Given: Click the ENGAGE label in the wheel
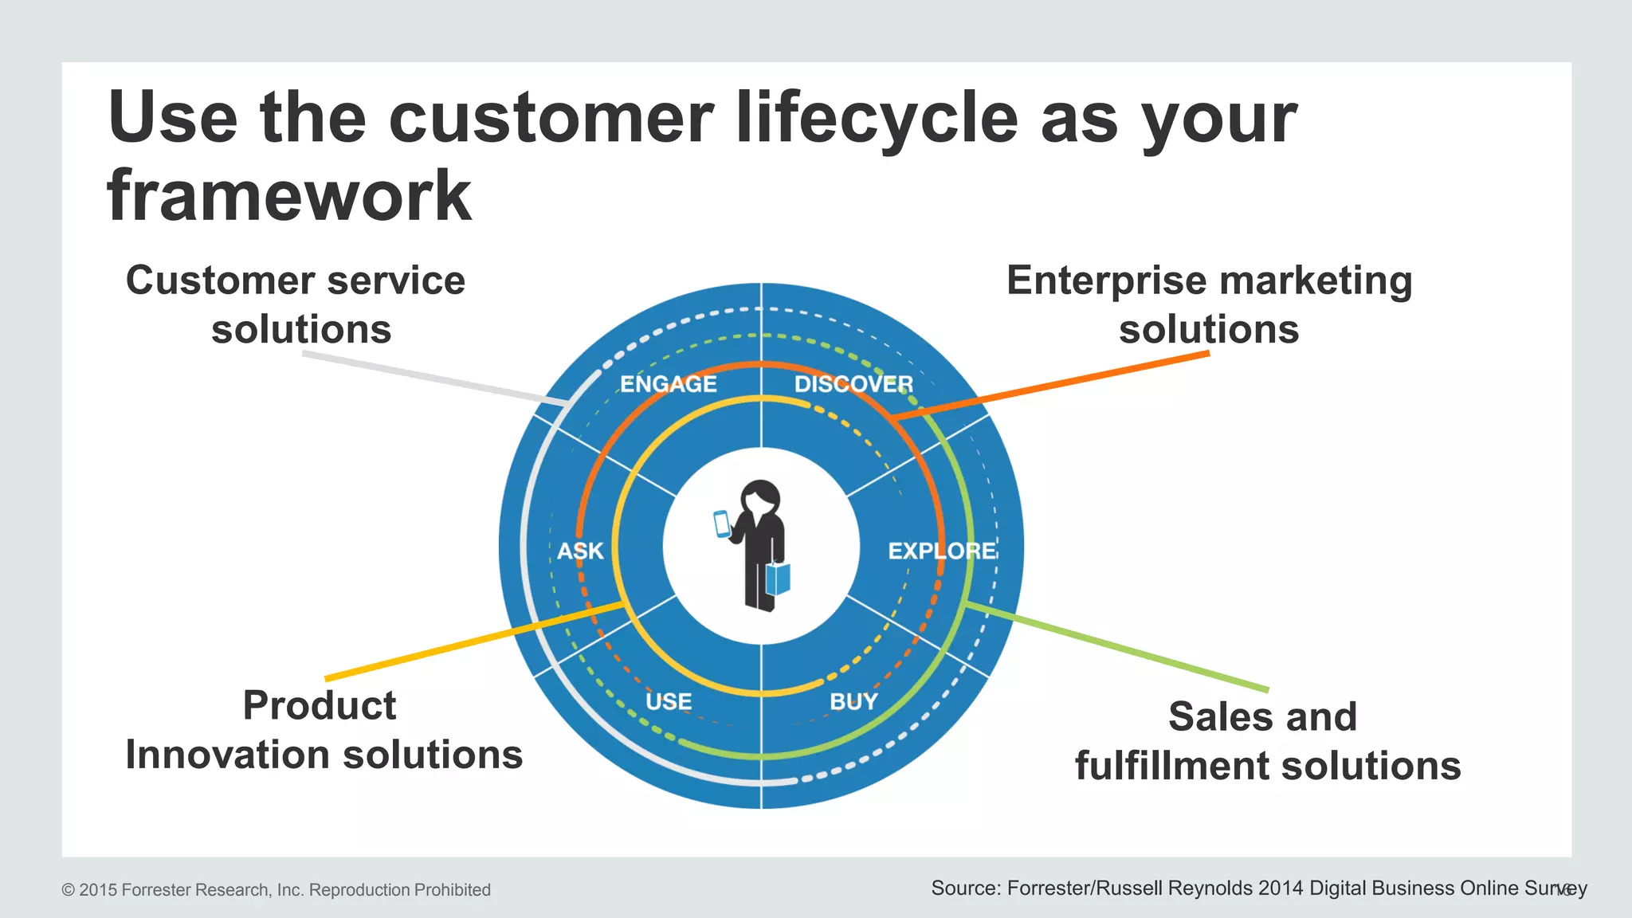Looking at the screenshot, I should tap(668, 384).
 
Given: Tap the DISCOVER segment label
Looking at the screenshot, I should tap(853, 384).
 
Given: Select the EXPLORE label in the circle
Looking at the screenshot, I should tap(942, 551).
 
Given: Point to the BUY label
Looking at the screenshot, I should tap(853, 701).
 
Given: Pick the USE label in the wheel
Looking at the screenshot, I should tap(668, 701).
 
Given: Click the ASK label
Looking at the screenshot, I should tap(580, 551).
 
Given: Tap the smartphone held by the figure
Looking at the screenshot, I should tap(722, 524).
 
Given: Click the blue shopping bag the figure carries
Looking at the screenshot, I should tap(778, 579).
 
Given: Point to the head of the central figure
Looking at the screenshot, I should tap(760, 498).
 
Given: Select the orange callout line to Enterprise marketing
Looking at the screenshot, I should tap(1052, 385).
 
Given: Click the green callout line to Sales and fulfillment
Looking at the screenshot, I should tap(1116, 647).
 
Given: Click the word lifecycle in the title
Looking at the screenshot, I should tap(876, 118).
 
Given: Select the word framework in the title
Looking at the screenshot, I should tap(289, 196).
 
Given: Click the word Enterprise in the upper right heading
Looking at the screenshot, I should tap(1106, 281).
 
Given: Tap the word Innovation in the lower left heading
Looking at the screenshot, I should tap(227, 755).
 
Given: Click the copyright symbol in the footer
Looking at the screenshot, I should tap(68, 890).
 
